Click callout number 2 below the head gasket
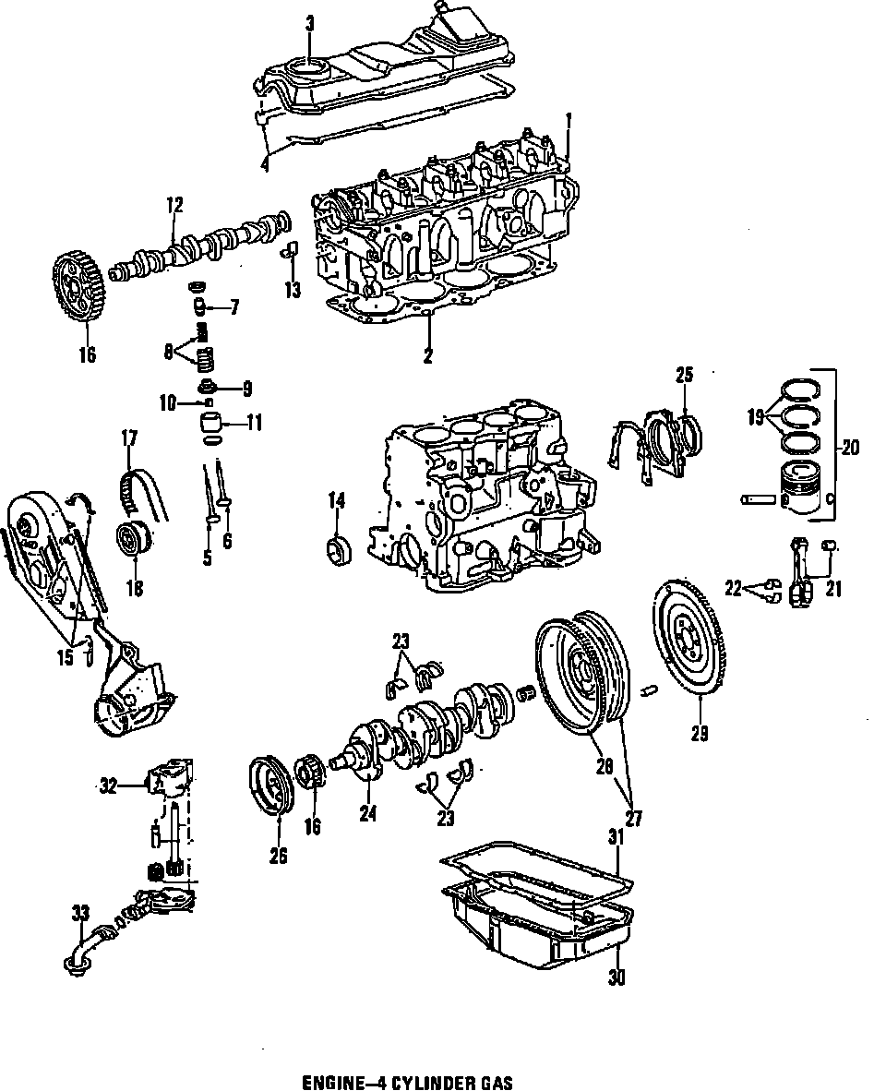(x=428, y=356)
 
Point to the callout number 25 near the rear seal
(x=684, y=375)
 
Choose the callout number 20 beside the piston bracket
(x=849, y=448)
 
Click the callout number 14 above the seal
(x=336, y=501)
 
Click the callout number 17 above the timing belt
(x=127, y=438)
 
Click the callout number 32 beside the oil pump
(x=109, y=786)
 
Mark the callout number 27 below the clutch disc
(x=634, y=818)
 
